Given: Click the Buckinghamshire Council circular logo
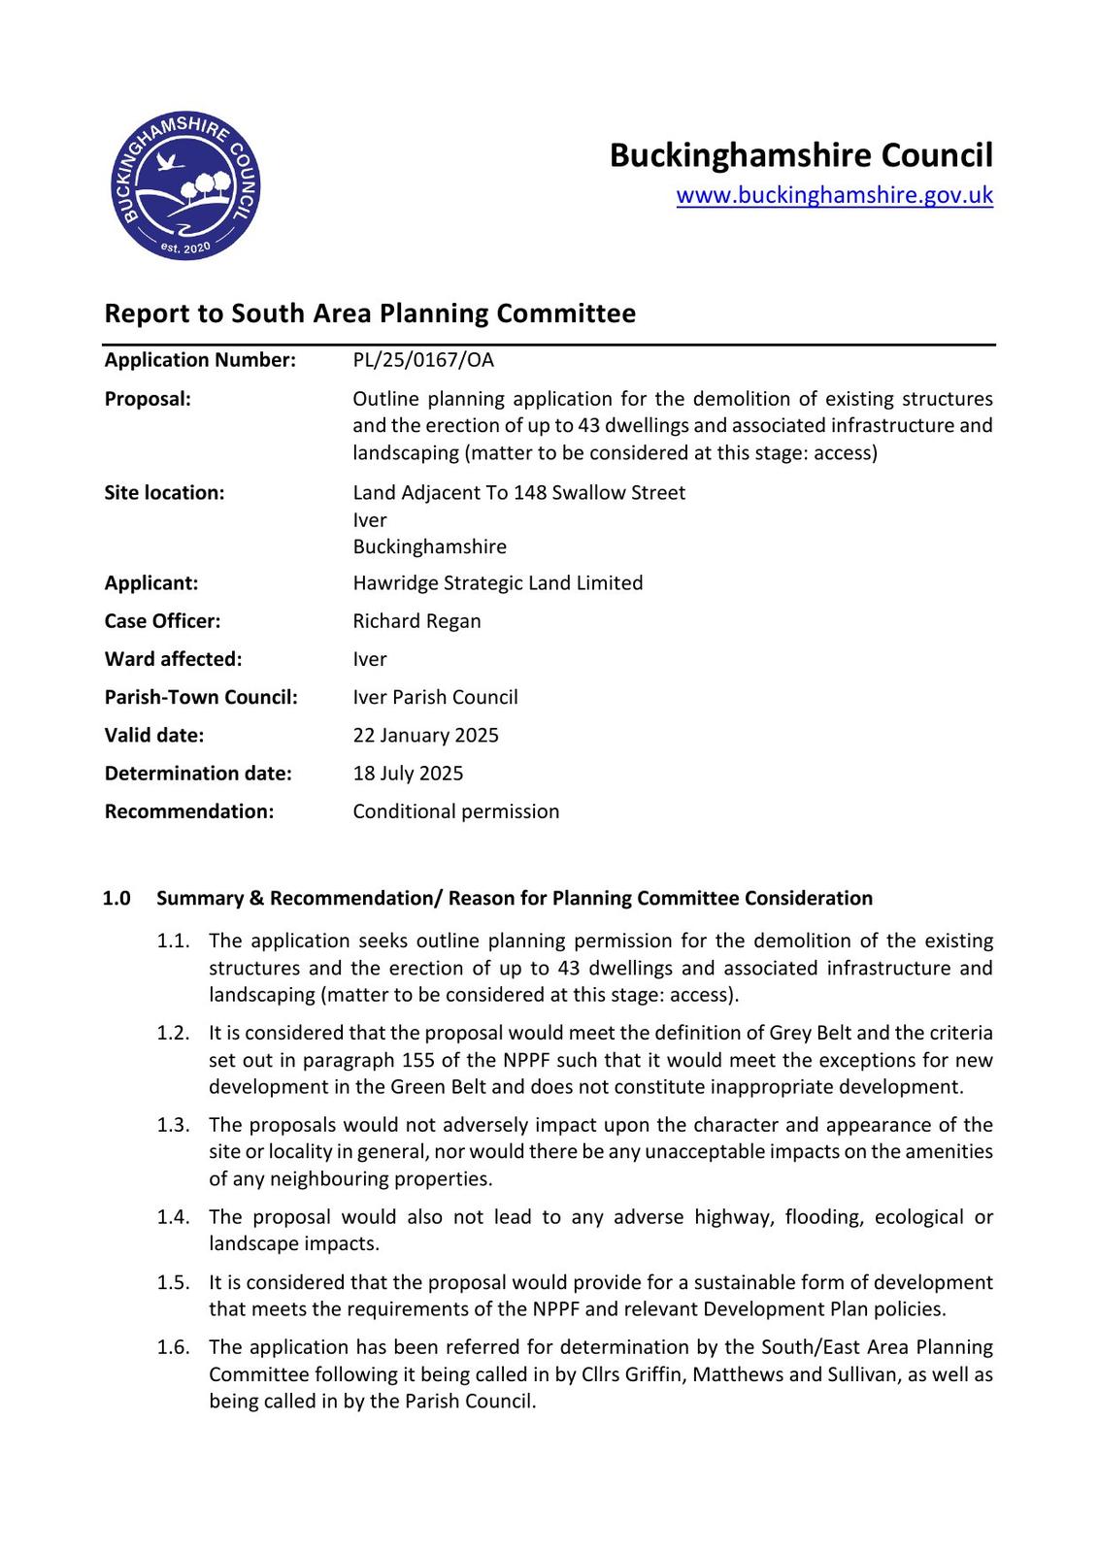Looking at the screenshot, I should pos(185,185).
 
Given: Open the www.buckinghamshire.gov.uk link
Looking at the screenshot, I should pos(834,195).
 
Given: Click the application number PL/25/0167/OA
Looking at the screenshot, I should pos(423,360).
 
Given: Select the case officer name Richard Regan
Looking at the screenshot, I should pos(416,621).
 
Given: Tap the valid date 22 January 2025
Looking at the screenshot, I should pos(425,735).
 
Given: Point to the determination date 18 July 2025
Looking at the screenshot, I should pos(408,774).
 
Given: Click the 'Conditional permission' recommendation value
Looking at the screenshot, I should pos(455,811).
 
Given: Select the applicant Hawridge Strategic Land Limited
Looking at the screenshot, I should pos(497,583).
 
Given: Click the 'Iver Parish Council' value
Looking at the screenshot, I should pos(435,697).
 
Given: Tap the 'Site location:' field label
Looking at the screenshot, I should pos(164,493).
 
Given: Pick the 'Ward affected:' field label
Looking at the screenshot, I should pos(173,659).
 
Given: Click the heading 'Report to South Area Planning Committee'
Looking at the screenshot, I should pos(370,314).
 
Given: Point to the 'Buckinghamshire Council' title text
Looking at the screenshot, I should pos(801,155).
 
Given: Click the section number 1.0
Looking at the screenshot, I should pos(117,899).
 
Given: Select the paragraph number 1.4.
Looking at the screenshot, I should pos(173,1217).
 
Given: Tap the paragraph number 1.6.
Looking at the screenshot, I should pos(173,1347).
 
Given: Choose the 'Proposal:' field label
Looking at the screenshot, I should pos(148,399).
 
